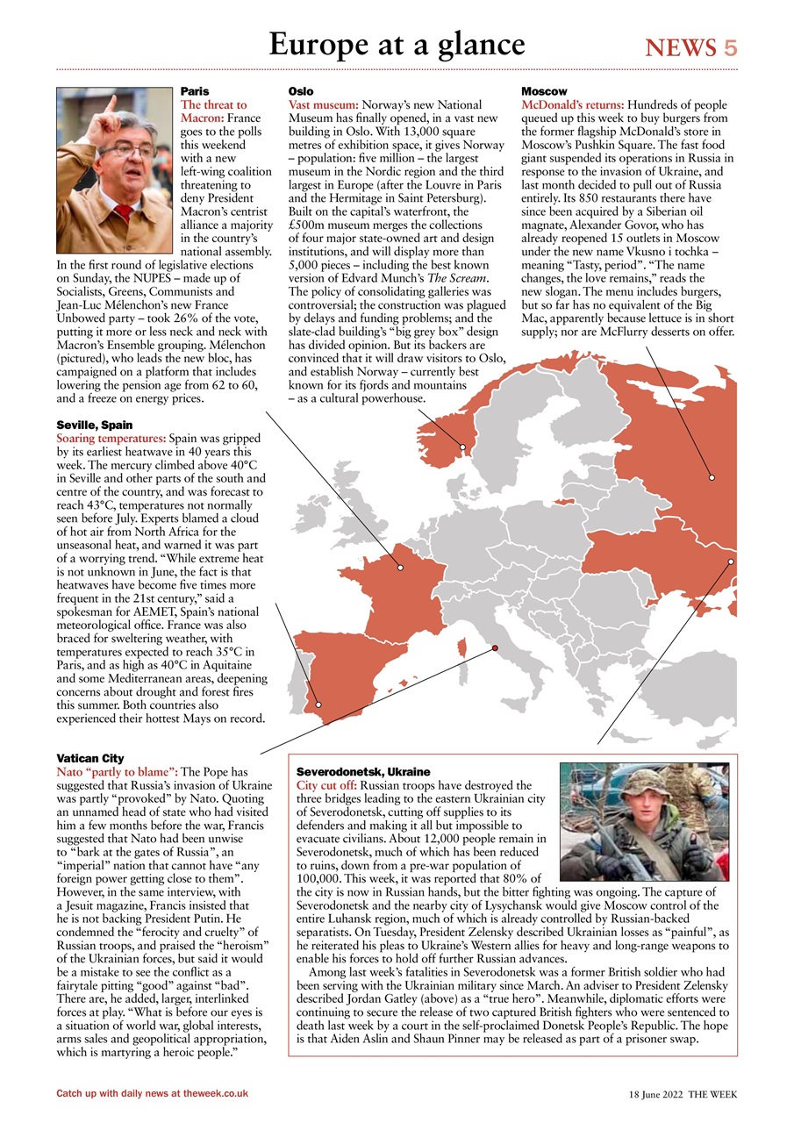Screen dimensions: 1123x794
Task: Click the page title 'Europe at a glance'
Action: click(x=397, y=44)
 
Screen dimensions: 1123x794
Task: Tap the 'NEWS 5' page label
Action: click(x=691, y=48)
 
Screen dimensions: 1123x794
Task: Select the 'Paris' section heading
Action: click(x=195, y=91)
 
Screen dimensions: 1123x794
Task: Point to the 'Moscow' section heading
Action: click(x=544, y=91)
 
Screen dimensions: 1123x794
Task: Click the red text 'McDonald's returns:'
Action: click(x=573, y=104)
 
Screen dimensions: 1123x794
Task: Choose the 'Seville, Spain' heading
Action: click(x=95, y=425)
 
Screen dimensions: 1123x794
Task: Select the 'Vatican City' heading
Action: click(x=90, y=758)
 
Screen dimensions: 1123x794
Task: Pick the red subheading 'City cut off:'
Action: click(x=327, y=784)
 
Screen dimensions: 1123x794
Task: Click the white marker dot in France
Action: click(x=400, y=568)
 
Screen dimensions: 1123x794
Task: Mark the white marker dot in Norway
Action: click(x=463, y=447)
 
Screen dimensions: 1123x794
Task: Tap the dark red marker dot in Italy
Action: click(x=494, y=648)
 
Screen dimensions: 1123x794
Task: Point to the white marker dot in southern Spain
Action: click(x=318, y=704)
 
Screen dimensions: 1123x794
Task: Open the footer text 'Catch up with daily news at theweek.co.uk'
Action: click(x=152, y=1093)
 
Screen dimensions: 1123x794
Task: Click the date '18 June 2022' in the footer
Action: click(x=655, y=1094)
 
